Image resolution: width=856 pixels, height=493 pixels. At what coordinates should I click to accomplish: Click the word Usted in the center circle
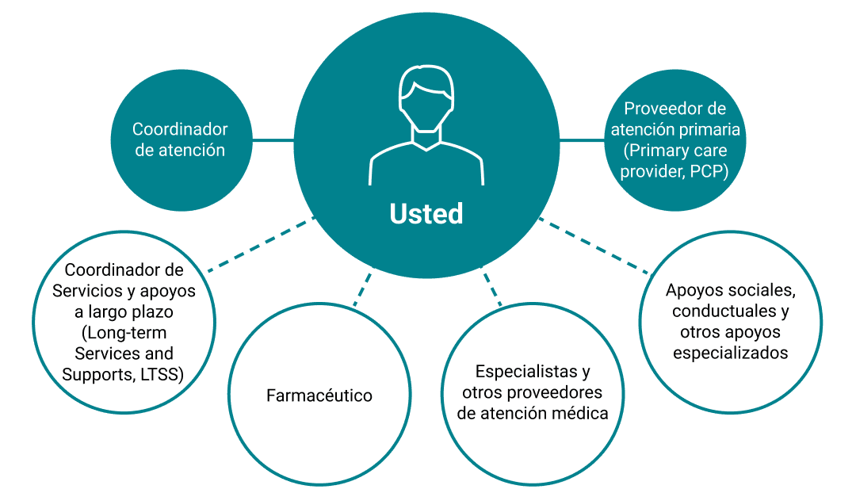point(426,214)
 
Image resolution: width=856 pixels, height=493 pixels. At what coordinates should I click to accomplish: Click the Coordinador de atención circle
point(180,139)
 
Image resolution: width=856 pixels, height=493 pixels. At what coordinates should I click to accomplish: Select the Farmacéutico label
point(319,396)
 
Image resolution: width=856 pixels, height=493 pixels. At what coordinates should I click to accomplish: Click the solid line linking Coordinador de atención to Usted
point(273,140)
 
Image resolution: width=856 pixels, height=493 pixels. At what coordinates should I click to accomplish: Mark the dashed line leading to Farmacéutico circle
point(362,289)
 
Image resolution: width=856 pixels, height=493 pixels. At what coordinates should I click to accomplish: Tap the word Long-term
point(125,332)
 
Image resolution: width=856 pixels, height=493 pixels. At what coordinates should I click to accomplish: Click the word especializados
point(731,353)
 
